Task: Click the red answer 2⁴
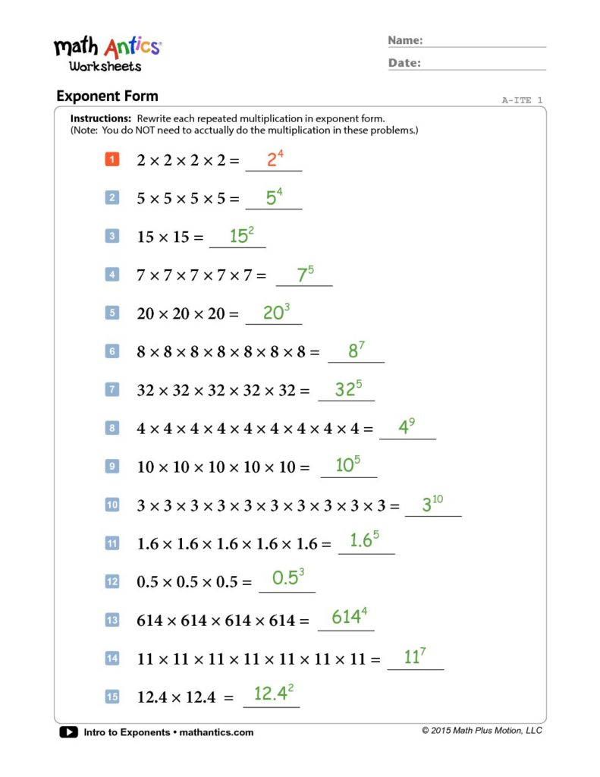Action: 275,160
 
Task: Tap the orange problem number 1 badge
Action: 112,159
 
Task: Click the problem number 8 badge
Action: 112,428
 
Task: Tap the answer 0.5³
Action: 288,577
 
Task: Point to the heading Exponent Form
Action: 107,96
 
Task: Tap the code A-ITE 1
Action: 522,100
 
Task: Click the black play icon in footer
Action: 68,732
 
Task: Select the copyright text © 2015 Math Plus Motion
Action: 482,731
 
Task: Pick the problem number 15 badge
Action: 112,696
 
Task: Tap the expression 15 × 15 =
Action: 171,237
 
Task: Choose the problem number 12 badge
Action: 112,581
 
